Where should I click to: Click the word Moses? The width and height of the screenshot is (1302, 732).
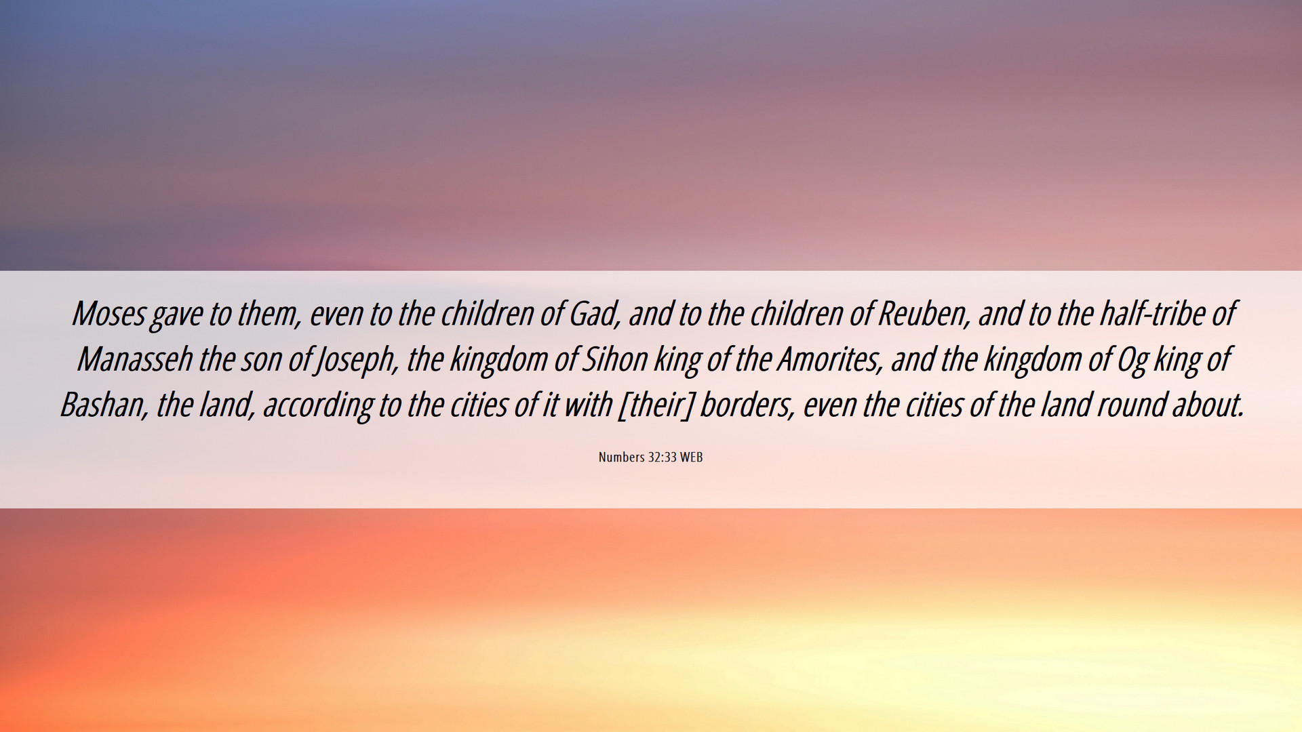[x=108, y=314]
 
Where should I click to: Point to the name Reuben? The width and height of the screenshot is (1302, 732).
[x=923, y=314]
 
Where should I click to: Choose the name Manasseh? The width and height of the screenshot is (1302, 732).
[x=134, y=359]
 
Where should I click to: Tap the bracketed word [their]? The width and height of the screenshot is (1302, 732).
[x=654, y=405]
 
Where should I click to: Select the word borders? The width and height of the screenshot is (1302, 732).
[x=747, y=405]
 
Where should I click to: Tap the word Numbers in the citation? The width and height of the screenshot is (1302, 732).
[x=621, y=457]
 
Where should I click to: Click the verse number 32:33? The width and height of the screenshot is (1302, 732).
[x=663, y=457]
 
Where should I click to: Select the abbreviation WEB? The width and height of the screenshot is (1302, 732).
[x=692, y=457]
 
